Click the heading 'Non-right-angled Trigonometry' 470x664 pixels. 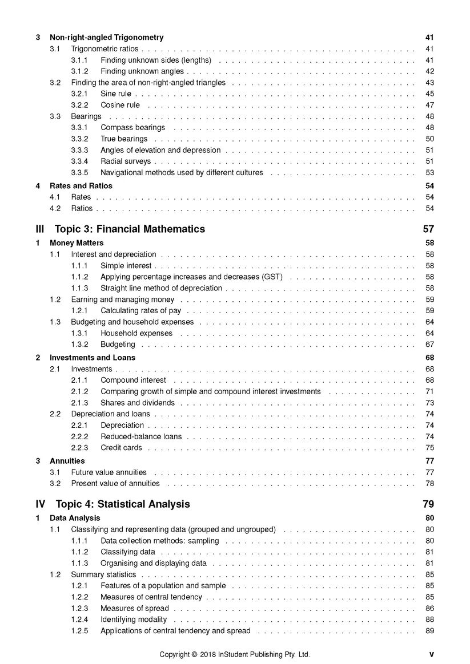tap(106, 38)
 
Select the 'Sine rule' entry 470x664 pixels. tap(115, 94)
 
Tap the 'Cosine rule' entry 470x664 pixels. tap(120, 105)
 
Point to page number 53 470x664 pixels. tap(429, 173)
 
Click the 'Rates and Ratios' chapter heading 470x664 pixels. tap(81, 186)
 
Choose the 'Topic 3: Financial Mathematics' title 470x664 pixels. tap(130, 229)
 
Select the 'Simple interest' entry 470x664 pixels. tap(126, 266)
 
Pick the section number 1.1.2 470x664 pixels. tap(79, 277)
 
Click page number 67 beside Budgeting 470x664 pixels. tap(429, 345)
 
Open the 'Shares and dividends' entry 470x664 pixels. tap(137, 403)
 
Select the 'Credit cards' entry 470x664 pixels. tap(121, 448)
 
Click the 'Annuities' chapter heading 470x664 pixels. tap(67, 461)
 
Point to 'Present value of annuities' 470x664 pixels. tap(115, 484)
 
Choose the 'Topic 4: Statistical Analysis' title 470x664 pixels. tap(123, 504)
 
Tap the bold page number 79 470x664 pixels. tap(428, 504)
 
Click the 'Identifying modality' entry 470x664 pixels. tap(134, 620)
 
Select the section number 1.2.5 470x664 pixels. tap(79, 631)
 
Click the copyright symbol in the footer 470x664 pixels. tap(194, 654)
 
